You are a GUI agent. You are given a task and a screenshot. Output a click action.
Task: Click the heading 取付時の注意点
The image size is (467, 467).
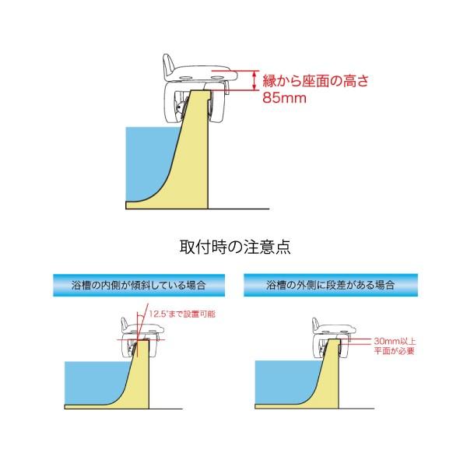(x=233, y=248)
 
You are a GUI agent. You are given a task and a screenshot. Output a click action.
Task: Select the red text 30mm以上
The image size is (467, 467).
(x=394, y=341)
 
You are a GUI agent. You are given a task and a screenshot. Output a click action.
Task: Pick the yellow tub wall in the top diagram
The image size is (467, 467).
(x=195, y=163)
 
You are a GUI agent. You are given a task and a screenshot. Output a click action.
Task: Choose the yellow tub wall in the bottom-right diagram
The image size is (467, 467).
(x=334, y=381)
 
